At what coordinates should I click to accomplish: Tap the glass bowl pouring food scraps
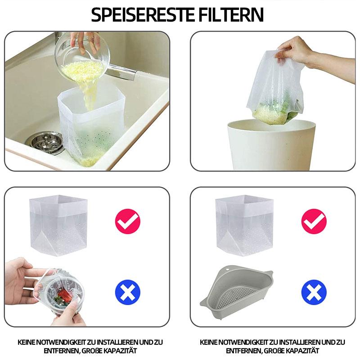point(83,58)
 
